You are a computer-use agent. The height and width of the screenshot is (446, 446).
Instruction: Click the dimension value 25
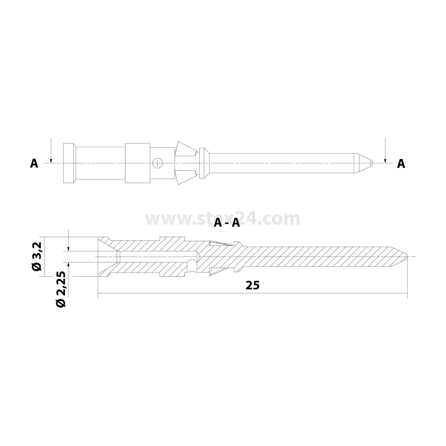tap(252, 285)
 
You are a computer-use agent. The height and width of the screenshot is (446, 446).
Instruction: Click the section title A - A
tap(227, 223)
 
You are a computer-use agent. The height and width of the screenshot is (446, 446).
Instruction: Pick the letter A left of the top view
tap(34, 164)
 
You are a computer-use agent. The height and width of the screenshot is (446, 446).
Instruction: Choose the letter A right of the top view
tap(401, 164)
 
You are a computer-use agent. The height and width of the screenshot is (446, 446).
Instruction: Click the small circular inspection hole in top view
tap(157, 163)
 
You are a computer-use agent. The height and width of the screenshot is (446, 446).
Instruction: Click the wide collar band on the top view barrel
tap(137, 163)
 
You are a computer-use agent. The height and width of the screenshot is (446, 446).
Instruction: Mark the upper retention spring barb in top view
tap(184, 150)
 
